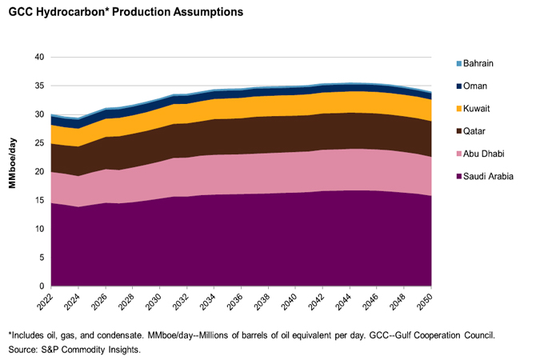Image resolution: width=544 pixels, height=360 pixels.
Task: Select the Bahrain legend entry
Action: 478,63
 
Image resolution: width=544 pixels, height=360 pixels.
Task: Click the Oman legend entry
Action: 475,86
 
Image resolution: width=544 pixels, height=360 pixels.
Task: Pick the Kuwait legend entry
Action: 477,107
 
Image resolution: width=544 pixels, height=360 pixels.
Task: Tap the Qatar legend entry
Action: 475,130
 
